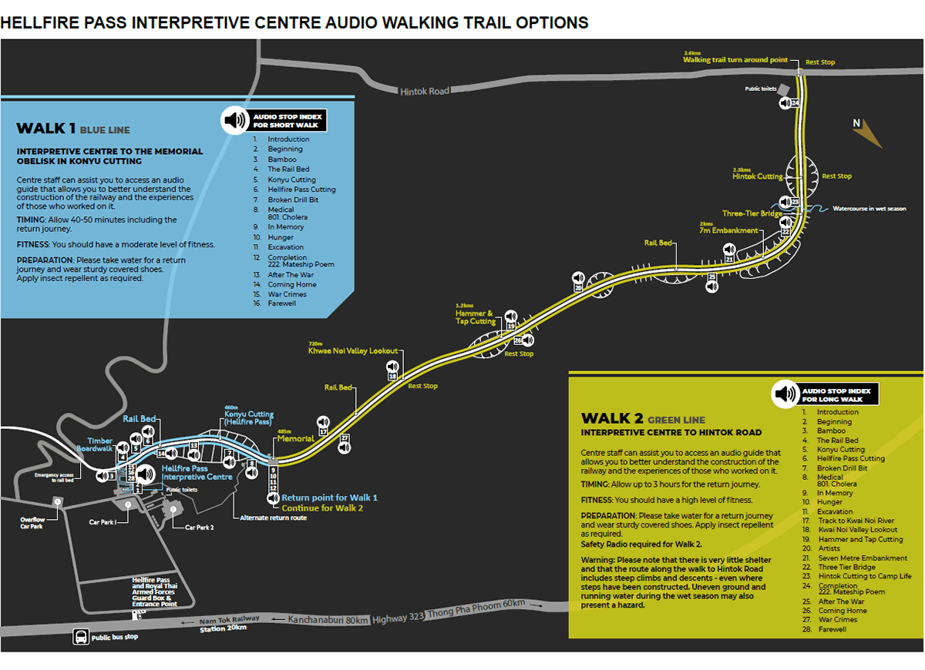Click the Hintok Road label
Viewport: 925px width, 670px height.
pyautogui.click(x=425, y=91)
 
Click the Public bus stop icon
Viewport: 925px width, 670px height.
pyautogui.click(x=80, y=637)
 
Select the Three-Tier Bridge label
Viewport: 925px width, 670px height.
pyautogui.click(x=752, y=213)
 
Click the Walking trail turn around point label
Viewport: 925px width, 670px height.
pyautogui.click(x=735, y=59)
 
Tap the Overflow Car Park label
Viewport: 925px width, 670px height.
pyautogui.click(x=33, y=524)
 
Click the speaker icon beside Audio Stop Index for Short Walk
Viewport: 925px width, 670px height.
pyautogui.click(x=234, y=120)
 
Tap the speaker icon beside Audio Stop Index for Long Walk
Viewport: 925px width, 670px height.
pyautogui.click(x=785, y=394)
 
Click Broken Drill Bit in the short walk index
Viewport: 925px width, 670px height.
pyautogui.click(x=293, y=199)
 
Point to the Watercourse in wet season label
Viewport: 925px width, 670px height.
pyautogui.click(x=869, y=209)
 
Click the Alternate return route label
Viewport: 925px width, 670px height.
pyautogui.click(x=273, y=518)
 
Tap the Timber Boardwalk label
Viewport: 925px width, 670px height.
pyautogui.click(x=95, y=444)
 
